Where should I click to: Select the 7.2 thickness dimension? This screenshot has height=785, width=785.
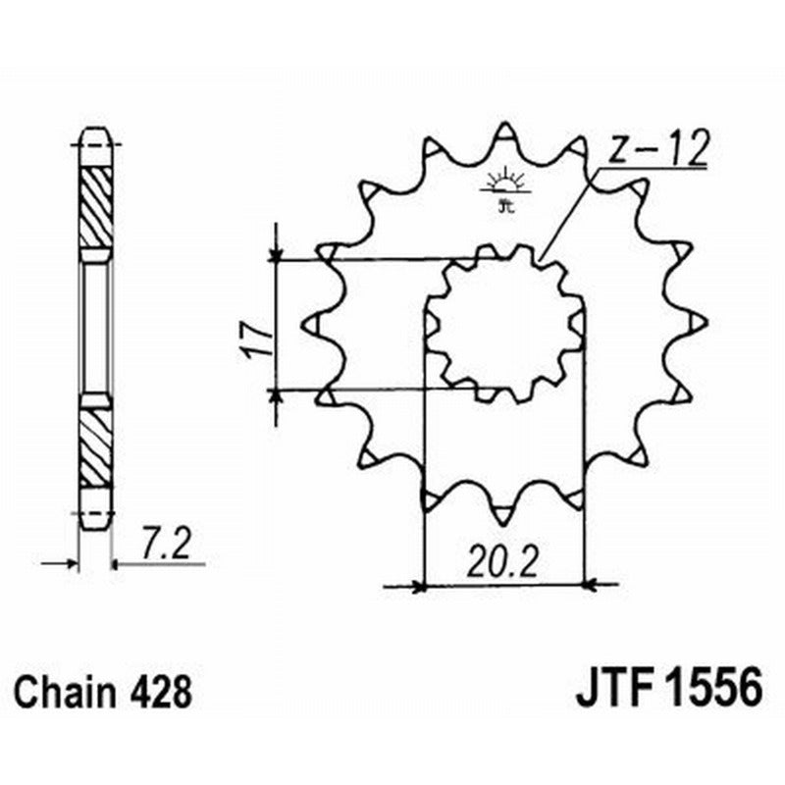(162, 543)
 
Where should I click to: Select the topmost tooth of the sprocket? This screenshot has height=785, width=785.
(503, 131)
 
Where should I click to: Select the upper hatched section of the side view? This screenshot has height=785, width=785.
(95, 207)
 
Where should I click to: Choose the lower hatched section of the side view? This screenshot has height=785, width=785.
(95, 447)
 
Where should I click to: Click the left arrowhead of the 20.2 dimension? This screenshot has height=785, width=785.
(419, 587)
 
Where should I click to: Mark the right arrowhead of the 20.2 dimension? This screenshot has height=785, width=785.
(589, 587)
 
